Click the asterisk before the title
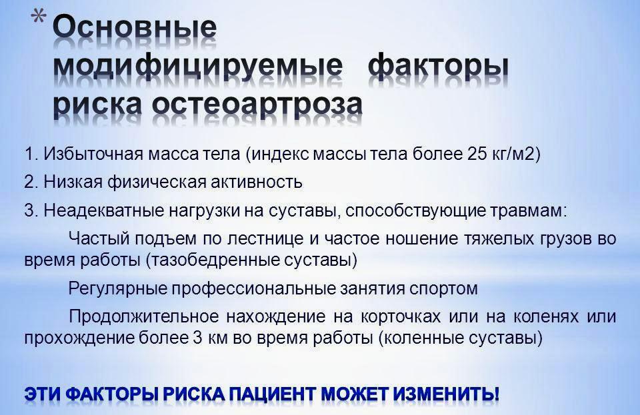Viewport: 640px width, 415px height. coord(39,19)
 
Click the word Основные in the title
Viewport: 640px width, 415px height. coord(135,28)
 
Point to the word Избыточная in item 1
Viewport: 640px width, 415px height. coord(93,155)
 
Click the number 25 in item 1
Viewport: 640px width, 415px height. coord(473,154)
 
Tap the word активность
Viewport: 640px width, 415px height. coord(256,182)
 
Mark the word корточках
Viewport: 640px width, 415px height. coord(401,317)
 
